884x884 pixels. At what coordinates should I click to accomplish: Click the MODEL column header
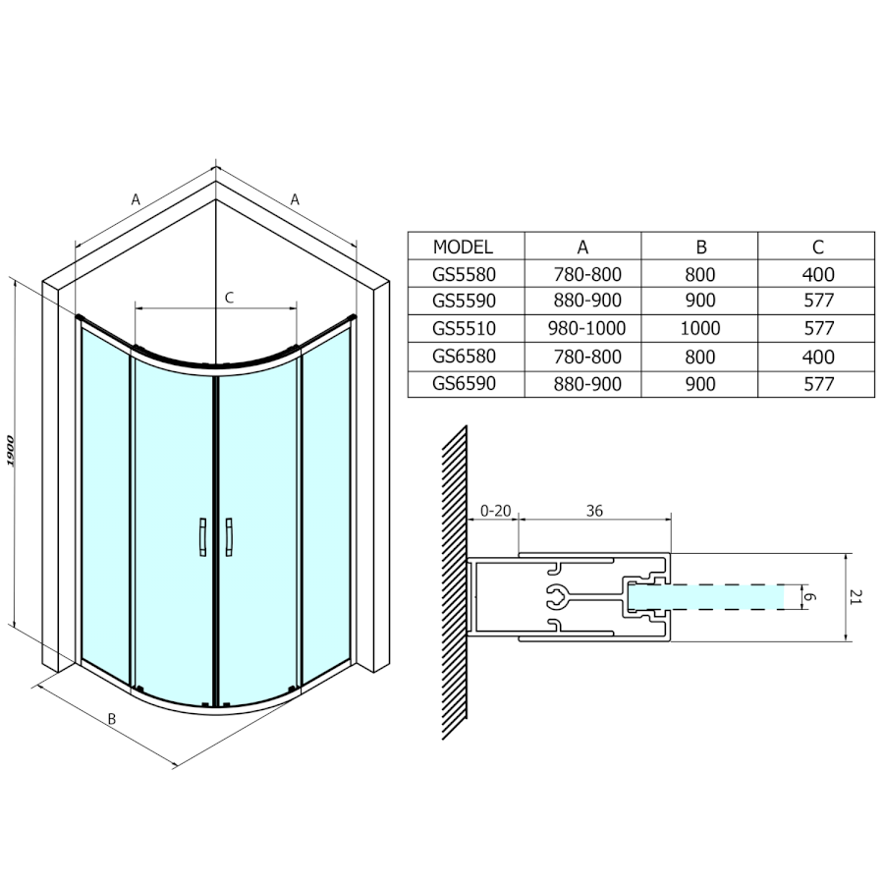(463, 247)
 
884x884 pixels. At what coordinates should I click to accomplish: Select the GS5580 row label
(464, 274)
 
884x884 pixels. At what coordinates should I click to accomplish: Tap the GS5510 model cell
(464, 327)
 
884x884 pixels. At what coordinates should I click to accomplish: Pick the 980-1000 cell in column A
(587, 328)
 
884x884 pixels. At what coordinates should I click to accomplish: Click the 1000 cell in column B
(700, 328)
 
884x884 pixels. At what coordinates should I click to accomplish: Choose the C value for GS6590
(818, 384)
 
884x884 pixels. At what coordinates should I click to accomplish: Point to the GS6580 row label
(464, 357)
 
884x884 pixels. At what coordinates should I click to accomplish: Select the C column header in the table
(818, 247)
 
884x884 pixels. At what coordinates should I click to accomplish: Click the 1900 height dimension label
(11, 451)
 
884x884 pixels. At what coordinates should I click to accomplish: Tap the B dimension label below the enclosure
(112, 719)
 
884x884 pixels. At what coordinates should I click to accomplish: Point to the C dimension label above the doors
(229, 298)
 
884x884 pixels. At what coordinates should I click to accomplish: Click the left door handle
(203, 537)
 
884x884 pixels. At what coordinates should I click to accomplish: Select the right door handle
(228, 537)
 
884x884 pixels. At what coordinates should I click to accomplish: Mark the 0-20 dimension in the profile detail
(496, 511)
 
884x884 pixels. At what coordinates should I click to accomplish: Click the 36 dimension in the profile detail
(594, 511)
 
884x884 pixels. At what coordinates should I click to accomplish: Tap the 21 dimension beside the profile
(856, 597)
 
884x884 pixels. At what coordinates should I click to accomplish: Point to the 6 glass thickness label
(809, 597)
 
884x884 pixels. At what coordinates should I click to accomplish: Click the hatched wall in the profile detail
(455, 582)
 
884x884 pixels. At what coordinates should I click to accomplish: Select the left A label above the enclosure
(136, 199)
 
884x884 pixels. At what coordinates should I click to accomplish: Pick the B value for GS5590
(700, 301)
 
